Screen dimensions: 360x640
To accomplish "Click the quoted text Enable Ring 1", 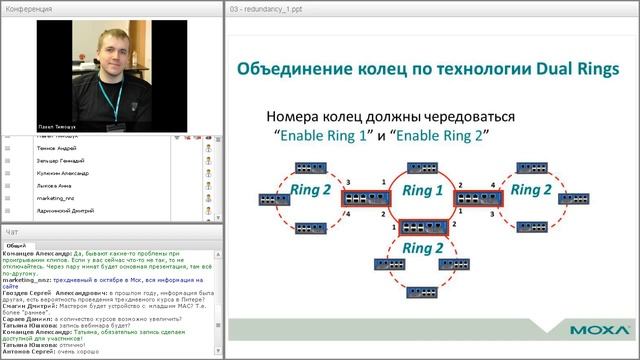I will click(x=325, y=133).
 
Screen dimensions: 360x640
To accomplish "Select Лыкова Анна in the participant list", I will click(x=55, y=185).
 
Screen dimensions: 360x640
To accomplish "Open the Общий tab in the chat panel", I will click(x=16, y=244).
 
